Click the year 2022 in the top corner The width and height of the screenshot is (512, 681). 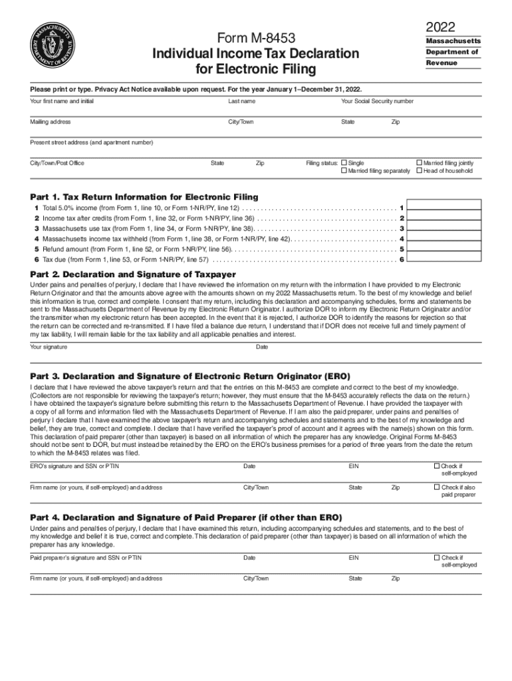tap(441, 27)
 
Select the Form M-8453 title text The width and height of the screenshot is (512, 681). tap(257, 38)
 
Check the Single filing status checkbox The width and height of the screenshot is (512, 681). tap(344, 162)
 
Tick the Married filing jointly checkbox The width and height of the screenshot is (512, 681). tap(419, 162)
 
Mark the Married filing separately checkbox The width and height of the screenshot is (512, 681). tap(344, 171)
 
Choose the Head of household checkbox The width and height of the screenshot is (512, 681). tap(419, 171)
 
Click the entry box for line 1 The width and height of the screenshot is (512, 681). tap(443, 207)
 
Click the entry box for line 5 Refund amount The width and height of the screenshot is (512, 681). tap(443, 249)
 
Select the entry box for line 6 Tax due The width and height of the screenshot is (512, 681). tap(443, 259)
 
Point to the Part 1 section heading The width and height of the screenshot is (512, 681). tap(144, 197)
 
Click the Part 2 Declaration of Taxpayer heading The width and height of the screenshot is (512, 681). tap(133, 274)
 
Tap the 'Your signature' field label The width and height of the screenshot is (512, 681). tap(49, 346)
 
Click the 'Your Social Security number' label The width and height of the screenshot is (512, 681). tap(377, 101)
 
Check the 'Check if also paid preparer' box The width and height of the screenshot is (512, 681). tap(436, 487)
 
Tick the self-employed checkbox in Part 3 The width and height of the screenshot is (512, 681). tap(436, 466)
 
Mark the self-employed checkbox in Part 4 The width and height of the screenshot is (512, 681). tap(436, 557)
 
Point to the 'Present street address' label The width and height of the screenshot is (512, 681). tap(91, 142)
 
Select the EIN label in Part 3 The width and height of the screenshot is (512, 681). tap(354, 466)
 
